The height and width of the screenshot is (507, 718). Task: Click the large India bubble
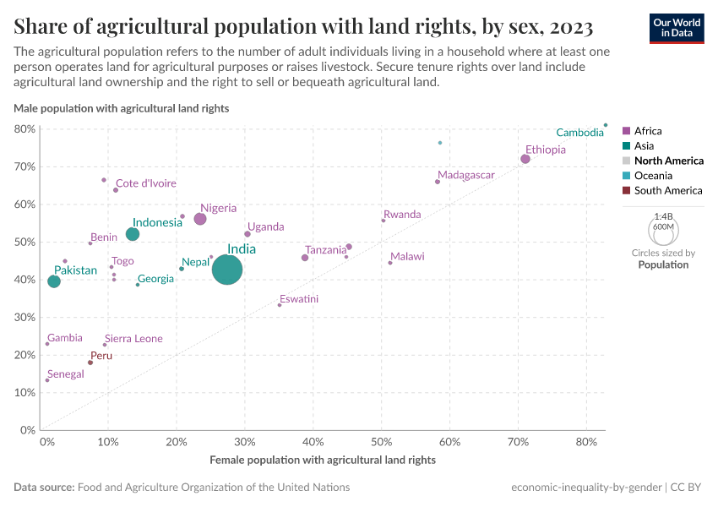tap(227, 270)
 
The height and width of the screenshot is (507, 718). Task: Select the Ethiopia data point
tap(525, 159)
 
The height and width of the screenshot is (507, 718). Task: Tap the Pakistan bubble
tap(54, 281)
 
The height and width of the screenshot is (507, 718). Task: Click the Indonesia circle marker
tap(133, 234)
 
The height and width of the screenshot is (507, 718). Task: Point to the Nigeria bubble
tap(200, 219)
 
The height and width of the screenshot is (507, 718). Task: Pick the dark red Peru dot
tap(90, 363)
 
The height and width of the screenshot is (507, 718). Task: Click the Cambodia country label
tap(579, 133)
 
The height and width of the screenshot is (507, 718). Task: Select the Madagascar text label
tap(465, 175)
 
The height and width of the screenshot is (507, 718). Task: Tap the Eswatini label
tap(299, 299)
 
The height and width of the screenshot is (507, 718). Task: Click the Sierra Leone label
tap(133, 339)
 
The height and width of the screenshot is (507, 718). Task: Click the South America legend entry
tap(667, 190)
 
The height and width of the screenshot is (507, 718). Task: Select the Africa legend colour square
tap(626, 131)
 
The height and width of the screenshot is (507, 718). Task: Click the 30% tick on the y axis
tap(24, 318)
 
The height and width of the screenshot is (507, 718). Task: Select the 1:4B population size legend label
tap(663, 216)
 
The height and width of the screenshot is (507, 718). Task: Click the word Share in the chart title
tap(42, 27)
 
